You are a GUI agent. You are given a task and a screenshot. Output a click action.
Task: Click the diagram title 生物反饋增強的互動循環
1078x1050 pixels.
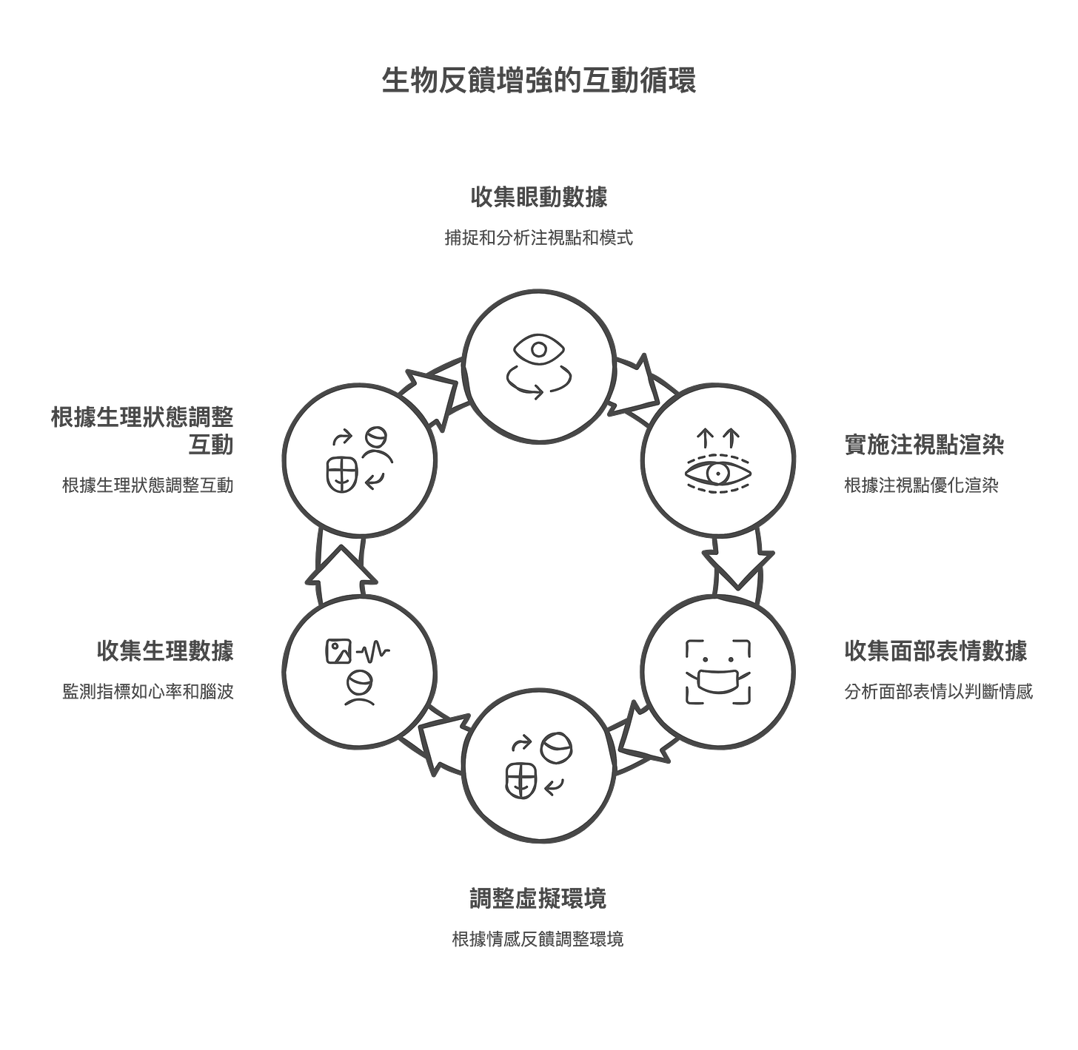point(538,81)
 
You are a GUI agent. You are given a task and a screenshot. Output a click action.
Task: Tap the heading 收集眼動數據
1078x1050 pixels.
point(538,198)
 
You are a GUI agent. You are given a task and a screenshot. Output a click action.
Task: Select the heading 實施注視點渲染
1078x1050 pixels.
point(925,445)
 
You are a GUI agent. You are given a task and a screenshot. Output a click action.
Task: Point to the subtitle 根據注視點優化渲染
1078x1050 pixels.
point(921,486)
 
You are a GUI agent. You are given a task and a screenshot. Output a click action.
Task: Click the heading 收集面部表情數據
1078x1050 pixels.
point(936,650)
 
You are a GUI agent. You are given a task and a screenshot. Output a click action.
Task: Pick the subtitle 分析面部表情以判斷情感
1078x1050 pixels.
point(938,692)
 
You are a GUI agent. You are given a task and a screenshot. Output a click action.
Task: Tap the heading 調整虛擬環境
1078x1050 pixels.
point(538,898)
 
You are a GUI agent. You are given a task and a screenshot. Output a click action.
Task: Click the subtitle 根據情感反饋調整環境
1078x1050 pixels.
point(538,939)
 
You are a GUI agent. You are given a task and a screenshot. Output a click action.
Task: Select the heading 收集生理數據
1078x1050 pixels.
point(165,650)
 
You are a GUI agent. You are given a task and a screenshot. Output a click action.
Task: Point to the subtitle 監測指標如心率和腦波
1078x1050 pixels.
point(148,692)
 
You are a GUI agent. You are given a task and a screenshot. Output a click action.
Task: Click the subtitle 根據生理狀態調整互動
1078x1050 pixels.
point(148,486)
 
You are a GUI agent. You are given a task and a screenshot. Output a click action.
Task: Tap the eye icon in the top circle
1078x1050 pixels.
point(538,349)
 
